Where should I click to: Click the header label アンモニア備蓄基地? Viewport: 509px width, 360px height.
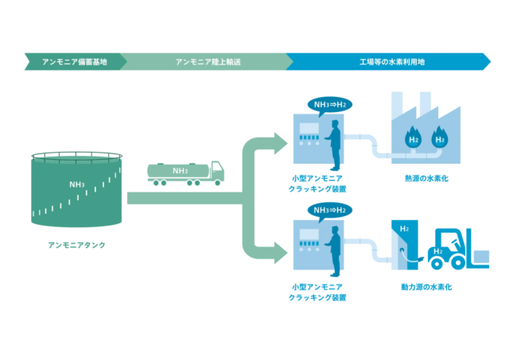pos(73,61)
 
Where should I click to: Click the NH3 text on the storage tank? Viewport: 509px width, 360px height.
pos(77,185)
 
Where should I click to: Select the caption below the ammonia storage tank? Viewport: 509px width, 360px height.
pos(76,246)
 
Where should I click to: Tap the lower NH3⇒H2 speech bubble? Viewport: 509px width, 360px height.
pos(329,210)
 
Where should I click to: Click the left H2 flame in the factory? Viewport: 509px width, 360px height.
pos(413,139)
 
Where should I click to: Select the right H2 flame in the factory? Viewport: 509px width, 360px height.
pos(438,139)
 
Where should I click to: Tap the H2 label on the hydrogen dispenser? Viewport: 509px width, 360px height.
pos(405,229)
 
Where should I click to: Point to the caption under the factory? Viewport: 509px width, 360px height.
pos(425,179)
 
